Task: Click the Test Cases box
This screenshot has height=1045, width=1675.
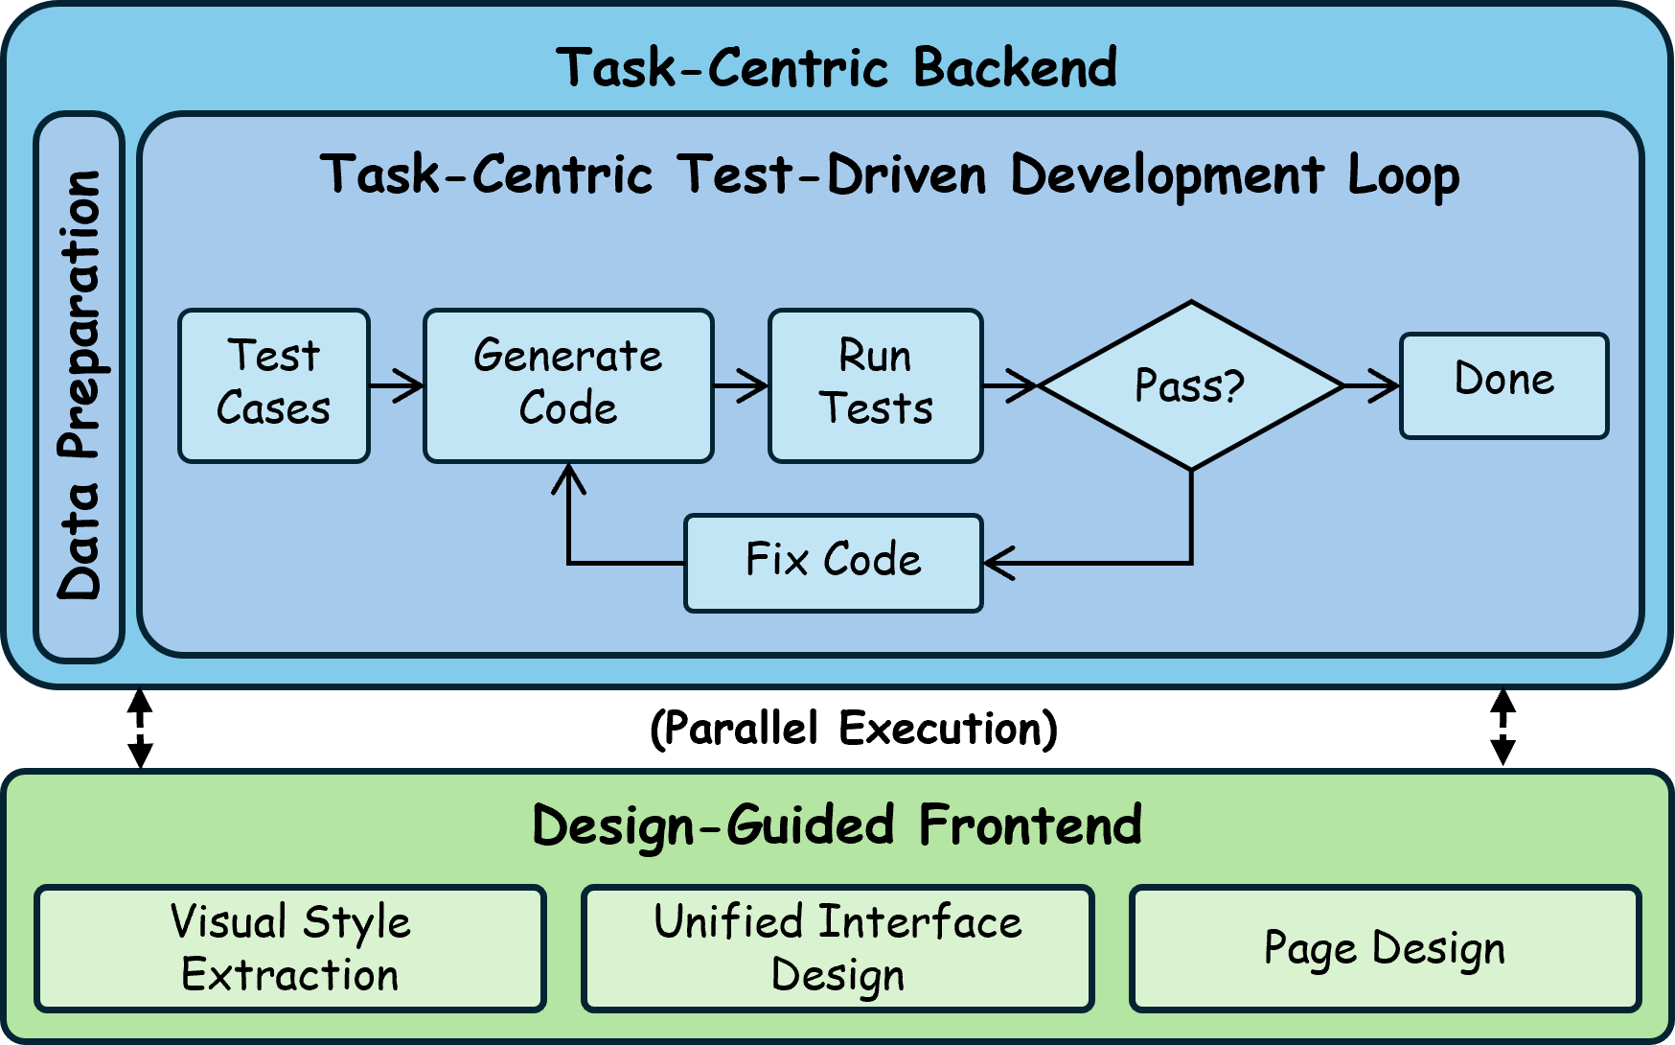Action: tap(274, 385)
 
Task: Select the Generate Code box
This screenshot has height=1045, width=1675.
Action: tap(568, 385)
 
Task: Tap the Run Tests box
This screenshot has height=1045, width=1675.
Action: tap(876, 385)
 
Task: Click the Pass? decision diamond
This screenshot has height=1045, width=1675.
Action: tap(1190, 385)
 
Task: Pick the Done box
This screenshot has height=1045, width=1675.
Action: tap(1503, 385)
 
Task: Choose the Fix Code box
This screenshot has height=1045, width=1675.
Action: tap(834, 563)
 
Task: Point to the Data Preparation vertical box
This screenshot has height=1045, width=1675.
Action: tap(80, 386)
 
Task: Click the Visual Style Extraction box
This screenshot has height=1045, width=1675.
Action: tap(290, 948)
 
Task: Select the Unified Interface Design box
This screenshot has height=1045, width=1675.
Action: tap(837, 948)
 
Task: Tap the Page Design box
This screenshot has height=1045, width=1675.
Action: tap(1385, 948)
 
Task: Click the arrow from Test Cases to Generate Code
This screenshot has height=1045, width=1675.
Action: tap(397, 385)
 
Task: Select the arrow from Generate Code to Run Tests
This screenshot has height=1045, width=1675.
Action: tap(741, 385)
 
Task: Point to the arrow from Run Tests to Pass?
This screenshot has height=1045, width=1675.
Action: tap(1011, 385)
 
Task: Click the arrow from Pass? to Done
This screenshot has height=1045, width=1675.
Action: tap(1371, 385)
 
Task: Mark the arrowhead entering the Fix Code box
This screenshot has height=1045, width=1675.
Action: tap(998, 563)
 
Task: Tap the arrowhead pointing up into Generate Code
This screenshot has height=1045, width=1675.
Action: tap(568, 478)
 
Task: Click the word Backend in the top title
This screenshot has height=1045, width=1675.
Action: tap(1015, 68)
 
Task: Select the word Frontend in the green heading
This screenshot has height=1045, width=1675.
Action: tap(1030, 825)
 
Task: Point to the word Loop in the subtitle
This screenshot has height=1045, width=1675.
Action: tap(1403, 175)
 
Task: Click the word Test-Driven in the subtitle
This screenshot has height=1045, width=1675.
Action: tap(832, 175)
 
